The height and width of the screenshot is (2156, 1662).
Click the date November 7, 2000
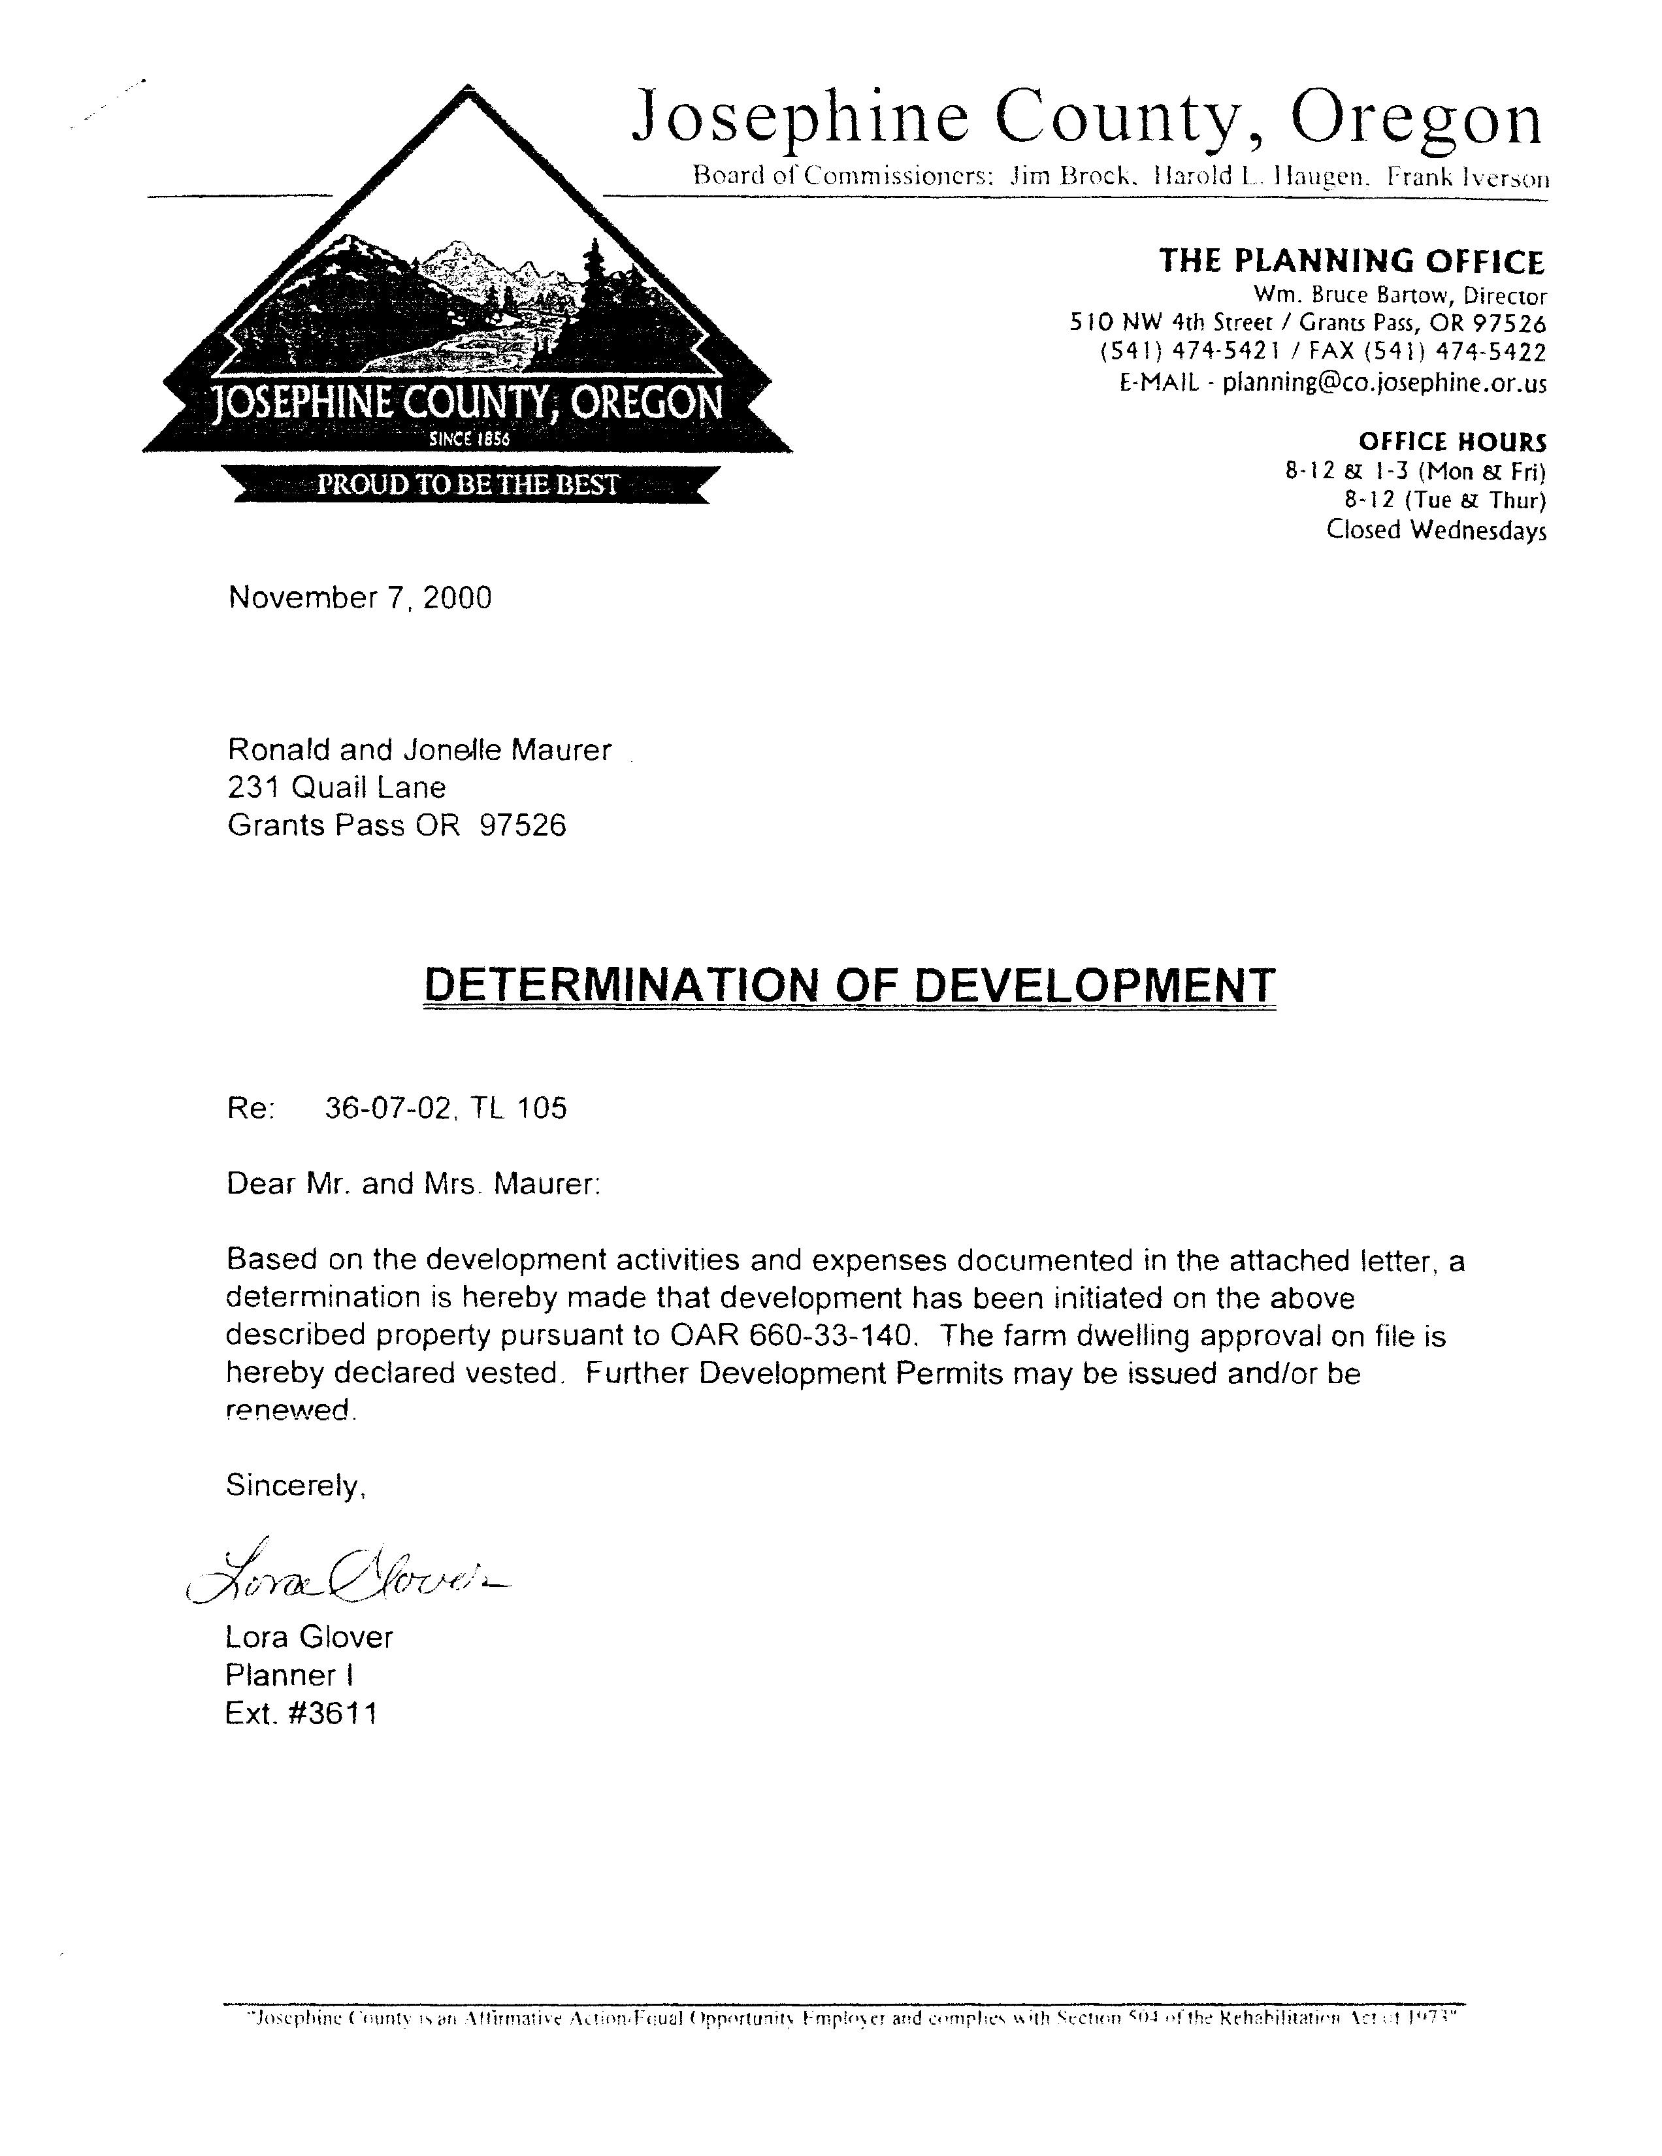pyautogui.click(x=359, y=598)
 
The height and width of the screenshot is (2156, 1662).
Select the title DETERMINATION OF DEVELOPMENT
pyautogui.click(x=849, y=984)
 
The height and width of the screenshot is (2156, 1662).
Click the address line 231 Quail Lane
pyautogui.click(x=336, y=788)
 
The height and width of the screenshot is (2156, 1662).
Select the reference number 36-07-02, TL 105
pyautogui.click(x=445, y=1109)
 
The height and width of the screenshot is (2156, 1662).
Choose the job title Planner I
pyautogui.click(x=289, y=1675)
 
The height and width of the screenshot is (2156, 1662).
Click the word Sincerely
pyautogui.click(x=295, y=1485)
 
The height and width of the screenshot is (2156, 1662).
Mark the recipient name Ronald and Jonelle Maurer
pyautogui.click(x=419, y=750)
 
